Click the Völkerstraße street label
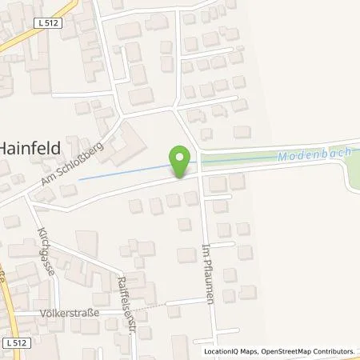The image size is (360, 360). coord(68,313)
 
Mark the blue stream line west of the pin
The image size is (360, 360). coord(120,174)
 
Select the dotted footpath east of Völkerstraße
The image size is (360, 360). coord(148,306)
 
